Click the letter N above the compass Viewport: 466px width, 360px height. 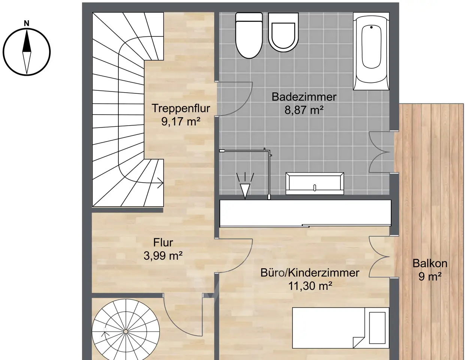(x=27, y=23)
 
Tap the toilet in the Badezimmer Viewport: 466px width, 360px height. (x=249, y=35)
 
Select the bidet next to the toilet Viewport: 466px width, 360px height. (x=283, y=33)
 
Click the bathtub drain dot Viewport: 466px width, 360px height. (x=372, y=27)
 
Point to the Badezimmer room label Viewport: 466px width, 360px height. (x=304, y=97)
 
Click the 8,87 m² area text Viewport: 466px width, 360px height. (x=304, y=110)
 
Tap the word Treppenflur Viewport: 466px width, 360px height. (x=181, y=108)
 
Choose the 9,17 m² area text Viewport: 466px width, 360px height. (x=181, y=121)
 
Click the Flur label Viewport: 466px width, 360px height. (x=163, y=243)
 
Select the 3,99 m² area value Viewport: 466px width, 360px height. (x=163, y=256)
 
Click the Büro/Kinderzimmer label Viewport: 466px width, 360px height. (x=310, y=273)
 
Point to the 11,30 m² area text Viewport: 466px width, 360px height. (x=310, y=286)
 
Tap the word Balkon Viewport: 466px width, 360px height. (x=430, y=264)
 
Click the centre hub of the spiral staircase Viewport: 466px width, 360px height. (x=126, y=331)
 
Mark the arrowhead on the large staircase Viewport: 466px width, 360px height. (x=160, y=183)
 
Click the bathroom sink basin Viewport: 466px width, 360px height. (x=315, y=183)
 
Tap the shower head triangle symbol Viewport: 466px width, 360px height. (x=245, y=190)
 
